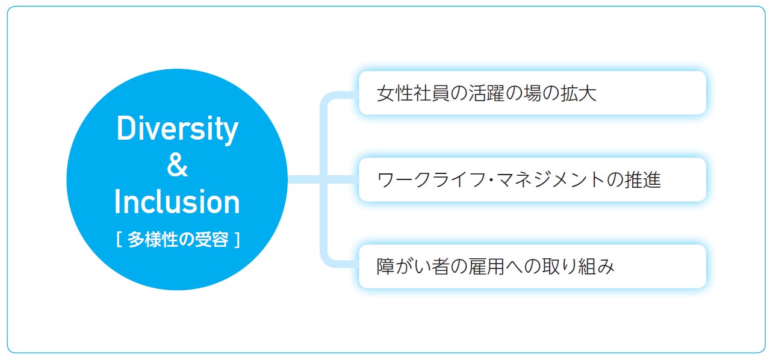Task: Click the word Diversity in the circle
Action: point(177,129)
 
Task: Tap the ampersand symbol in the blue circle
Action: point(177,165)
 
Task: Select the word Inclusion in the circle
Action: point(177,202)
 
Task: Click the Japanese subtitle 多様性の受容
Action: point(178,240)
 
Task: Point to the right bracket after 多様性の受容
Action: point(237,240)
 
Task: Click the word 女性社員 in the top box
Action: point(407,93)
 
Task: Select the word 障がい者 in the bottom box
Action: point(407,266)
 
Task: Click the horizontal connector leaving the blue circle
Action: point(304,179)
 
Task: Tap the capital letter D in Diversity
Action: point(125,128)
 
